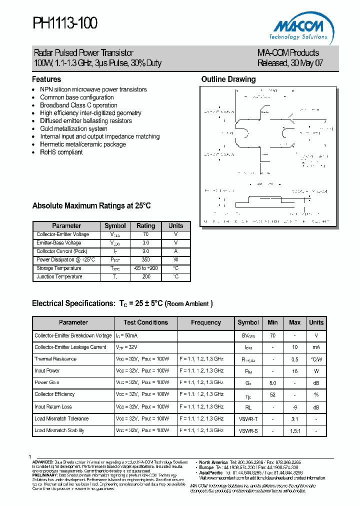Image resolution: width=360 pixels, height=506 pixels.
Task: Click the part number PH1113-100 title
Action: pos(65,23)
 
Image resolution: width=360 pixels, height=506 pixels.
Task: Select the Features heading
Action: pos(46,79)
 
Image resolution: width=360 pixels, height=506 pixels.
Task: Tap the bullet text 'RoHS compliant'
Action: pos(61,152)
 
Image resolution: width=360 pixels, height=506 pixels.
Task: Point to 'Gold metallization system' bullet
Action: pos(73,128)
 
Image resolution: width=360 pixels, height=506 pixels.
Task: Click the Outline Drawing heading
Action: pos(228,79)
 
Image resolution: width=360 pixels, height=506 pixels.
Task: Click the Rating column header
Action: pos(146,226)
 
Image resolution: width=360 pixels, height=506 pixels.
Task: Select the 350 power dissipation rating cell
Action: pos(146,260)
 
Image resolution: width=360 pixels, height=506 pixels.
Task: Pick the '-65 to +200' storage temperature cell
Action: pos(146,268)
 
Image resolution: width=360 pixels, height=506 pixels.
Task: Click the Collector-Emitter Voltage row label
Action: pos(63,234)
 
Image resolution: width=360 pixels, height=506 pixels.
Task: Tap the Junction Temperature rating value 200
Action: pos(146,277)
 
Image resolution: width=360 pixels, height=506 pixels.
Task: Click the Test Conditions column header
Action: pos(145,322)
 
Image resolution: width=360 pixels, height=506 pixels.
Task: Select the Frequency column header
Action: pos(206,322)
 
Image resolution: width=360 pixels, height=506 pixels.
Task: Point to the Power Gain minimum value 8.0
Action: pos(272,382)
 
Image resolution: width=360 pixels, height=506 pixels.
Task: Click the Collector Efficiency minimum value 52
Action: pos(272,394)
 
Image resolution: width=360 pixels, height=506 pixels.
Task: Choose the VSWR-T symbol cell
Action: pos(248,418)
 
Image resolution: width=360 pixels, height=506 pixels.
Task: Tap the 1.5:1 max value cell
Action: pos(294,430)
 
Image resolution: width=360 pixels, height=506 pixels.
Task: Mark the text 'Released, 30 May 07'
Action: pos(287,63)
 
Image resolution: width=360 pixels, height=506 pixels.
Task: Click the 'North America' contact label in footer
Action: pos(212,462)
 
